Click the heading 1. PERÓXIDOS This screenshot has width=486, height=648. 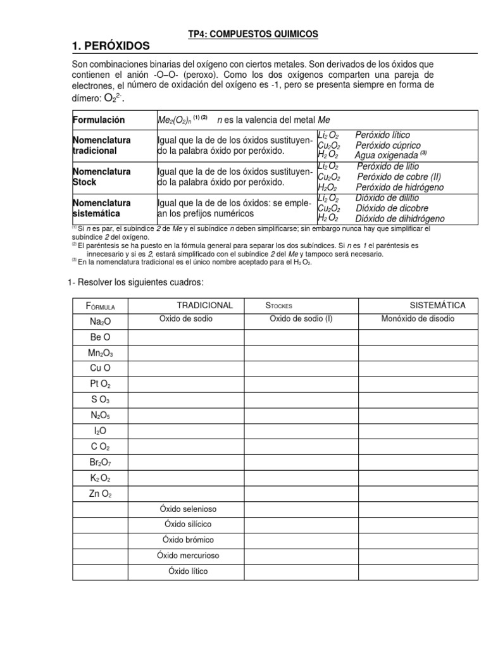click(x=111, y=46)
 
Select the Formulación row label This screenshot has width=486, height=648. click(x=99, y=120)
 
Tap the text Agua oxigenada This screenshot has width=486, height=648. click(x=386, y=154)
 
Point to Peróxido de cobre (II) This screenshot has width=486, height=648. click(x=397, y=177)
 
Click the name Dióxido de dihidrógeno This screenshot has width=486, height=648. click(x=401, y=218)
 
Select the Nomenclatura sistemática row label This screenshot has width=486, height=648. click(x=102, y=208)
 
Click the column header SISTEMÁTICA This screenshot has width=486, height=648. click(x=437, y=305)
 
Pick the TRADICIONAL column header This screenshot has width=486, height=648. click(x=204, y=305)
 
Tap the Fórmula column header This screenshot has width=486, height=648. click(x=100, y=306)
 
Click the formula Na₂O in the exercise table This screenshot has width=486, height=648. click(x=100, y=321)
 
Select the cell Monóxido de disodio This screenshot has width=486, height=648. click(x=417, y=319)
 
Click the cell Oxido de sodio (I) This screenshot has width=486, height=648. click(x=301, y=319)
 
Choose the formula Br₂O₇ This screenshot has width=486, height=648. click(x=100, y=462)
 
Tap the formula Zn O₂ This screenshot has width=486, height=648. click(x=100, y=493)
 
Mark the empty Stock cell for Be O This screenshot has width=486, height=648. click(x=301, y=337)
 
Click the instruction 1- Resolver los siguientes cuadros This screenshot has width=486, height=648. click(x=135, y=281)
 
